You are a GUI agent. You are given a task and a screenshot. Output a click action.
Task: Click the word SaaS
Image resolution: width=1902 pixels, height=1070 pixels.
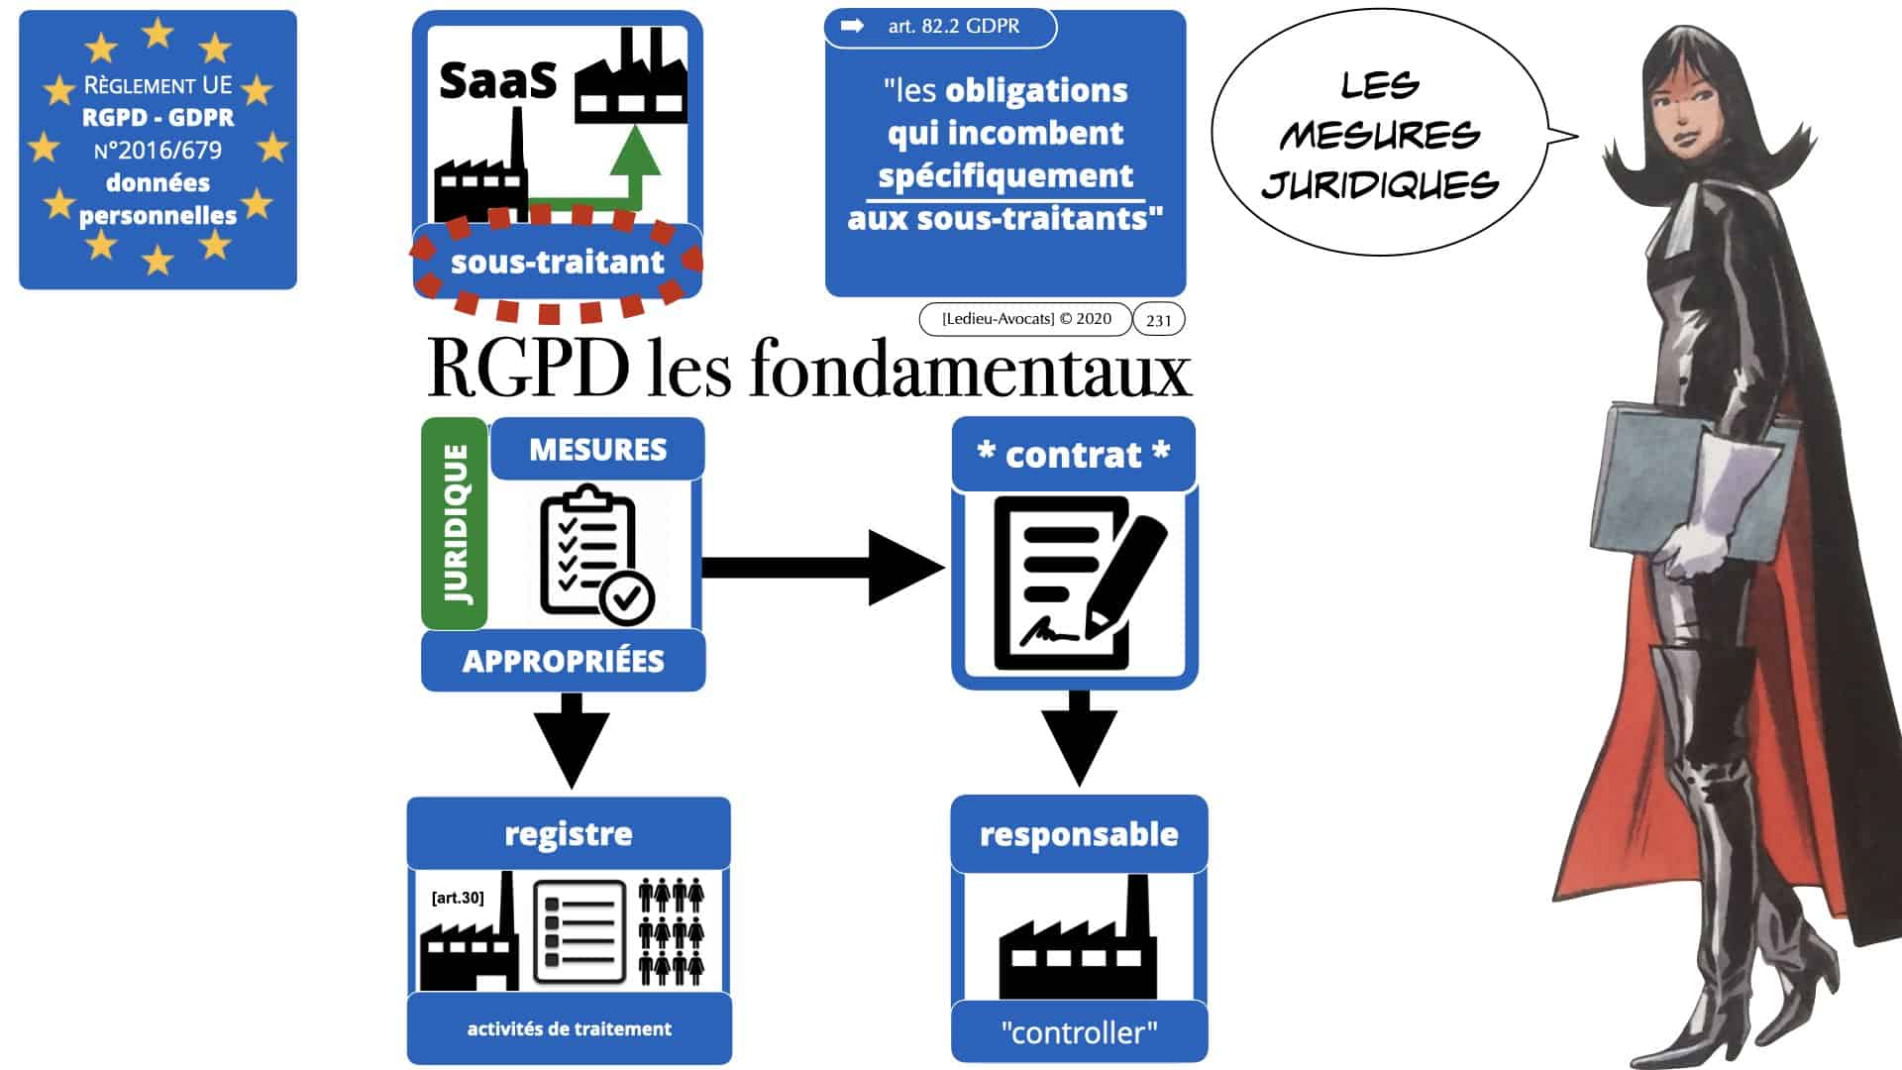pos(497,80)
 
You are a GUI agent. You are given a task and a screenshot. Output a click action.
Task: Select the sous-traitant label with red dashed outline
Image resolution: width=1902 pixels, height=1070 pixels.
pos(557,263)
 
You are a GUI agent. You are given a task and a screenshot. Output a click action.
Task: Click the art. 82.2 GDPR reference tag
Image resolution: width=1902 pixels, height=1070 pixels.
pos(940,27)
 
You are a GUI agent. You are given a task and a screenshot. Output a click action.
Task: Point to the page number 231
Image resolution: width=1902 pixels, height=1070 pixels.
pos(1158,320)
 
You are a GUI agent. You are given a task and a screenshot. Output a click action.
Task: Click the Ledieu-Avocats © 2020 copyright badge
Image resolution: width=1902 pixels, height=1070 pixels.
pos(1025,319)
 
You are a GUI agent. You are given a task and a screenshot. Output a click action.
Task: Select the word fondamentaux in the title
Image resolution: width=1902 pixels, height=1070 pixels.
pos(970,371)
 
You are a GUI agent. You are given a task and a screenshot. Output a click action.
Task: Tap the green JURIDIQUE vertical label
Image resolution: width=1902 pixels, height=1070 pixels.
pos(455,523)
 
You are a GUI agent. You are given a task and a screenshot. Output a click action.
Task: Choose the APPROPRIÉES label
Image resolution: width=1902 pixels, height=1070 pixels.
pos(563,662)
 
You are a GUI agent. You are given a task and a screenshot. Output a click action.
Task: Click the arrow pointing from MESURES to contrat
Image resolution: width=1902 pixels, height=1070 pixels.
pos(822,568)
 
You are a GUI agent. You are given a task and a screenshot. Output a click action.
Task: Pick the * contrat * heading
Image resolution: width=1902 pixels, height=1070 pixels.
pos(1073,455)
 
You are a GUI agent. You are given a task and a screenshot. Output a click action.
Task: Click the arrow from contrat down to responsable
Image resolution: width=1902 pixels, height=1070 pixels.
pos(1079,738)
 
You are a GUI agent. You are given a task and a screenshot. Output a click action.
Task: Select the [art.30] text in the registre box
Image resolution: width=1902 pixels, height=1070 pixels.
pos(458,898)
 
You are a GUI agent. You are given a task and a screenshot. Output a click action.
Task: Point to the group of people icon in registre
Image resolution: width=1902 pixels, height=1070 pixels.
pos(672,931)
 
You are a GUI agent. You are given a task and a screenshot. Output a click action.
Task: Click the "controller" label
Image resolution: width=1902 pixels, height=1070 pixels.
pos(1079,1033)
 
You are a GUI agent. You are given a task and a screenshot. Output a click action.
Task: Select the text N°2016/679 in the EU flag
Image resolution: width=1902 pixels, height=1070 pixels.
pos(158,151)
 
